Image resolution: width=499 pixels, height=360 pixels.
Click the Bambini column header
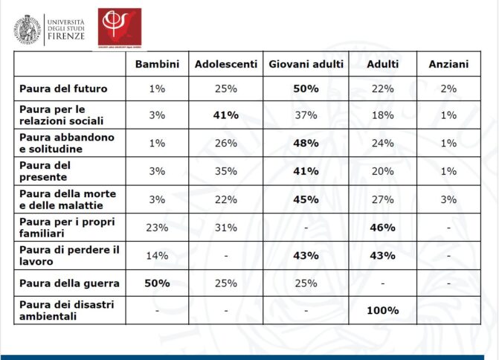click(x=157, y=65)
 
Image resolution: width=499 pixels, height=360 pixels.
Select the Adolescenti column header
click(x=226, y=65)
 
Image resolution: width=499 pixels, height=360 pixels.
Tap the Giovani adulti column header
click(x=306, y=65)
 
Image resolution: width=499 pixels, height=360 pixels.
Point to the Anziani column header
click(x=448, y=65)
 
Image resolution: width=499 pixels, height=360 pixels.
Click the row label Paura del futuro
click(x=63, y=89)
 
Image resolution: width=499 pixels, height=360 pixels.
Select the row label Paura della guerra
click(x=65, y=283)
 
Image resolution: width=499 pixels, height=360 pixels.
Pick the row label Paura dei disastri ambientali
click(x=65, y=310)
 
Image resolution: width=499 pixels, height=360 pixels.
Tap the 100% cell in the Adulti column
click(x=382, y=310)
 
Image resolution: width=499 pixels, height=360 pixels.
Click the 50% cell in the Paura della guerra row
click(x=157, y=283)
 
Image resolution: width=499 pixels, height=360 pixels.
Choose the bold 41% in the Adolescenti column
click(x=226, y=115)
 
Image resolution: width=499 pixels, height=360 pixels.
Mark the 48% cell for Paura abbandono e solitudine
click(x=306, y=143)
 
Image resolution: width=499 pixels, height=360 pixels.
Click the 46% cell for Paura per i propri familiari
click(x=382, y=227)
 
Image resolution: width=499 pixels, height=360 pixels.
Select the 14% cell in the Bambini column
click(x=157, y=255)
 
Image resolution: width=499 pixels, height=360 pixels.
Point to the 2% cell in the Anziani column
click(x=448, y=89)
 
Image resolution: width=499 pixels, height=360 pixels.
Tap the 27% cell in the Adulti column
click(x=382, y=199)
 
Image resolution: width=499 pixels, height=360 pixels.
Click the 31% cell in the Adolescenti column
click(x=226, y=227)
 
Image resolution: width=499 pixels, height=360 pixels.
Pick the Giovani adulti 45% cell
click(x=306, y=199)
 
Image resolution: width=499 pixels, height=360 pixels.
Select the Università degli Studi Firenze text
click(x=65, y=28)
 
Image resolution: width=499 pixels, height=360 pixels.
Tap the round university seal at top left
click(x=26, y=28)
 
